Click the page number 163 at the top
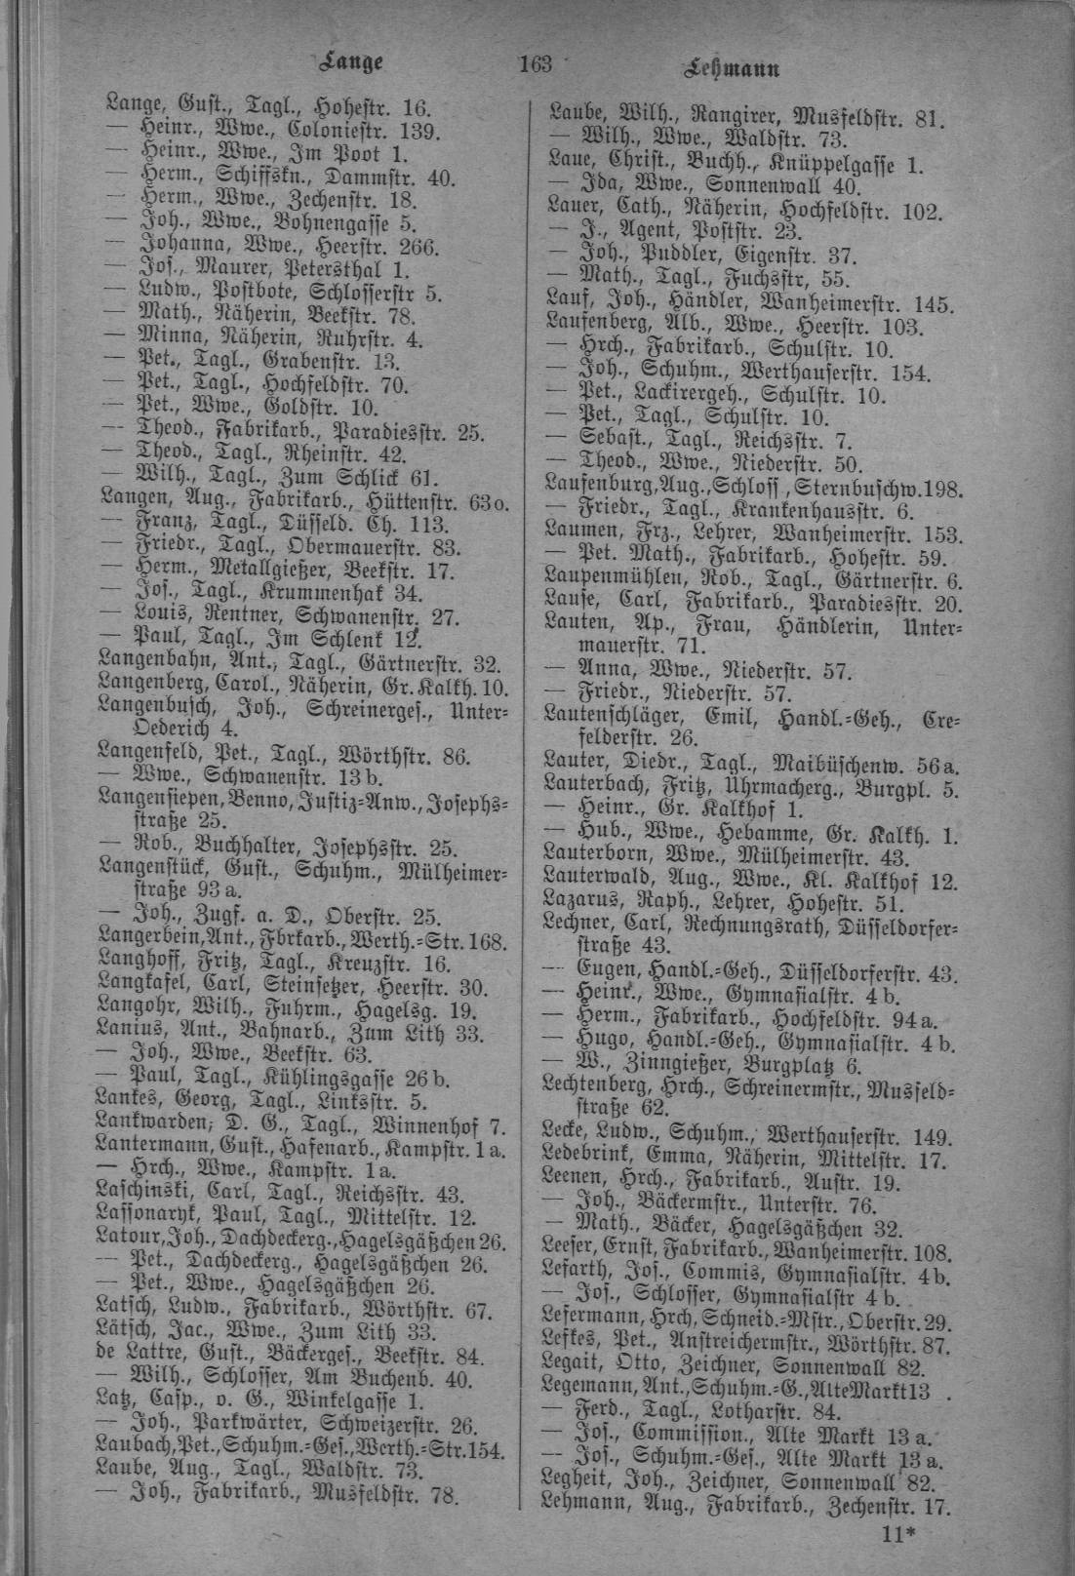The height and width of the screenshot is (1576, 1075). pyautogui.click(x=537, y=66)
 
